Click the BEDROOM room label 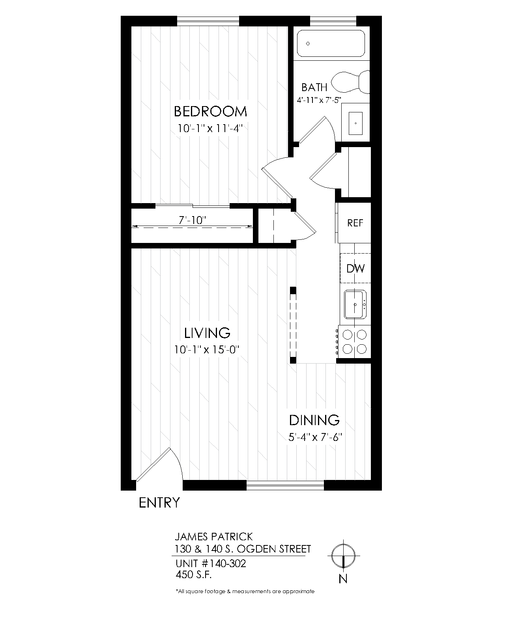210,112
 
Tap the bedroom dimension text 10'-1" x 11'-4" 209,129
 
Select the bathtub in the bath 331,43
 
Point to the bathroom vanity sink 356,123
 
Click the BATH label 314,87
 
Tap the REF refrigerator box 355,223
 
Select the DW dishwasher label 355,269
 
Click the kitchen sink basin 355,304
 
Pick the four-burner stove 354,342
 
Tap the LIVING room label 207,333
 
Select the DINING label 314,420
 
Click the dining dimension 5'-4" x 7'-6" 314,437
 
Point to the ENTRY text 159,503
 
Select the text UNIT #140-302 211,564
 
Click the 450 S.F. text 194,575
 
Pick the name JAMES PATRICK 213,537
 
